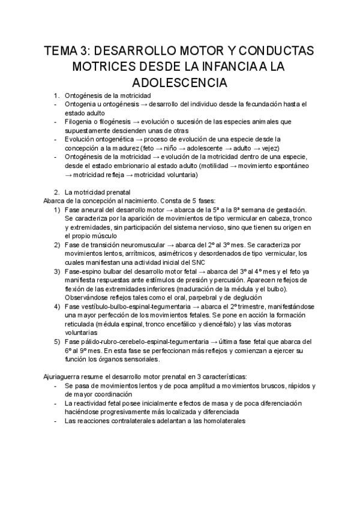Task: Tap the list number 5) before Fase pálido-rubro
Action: (x=56, y=342)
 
